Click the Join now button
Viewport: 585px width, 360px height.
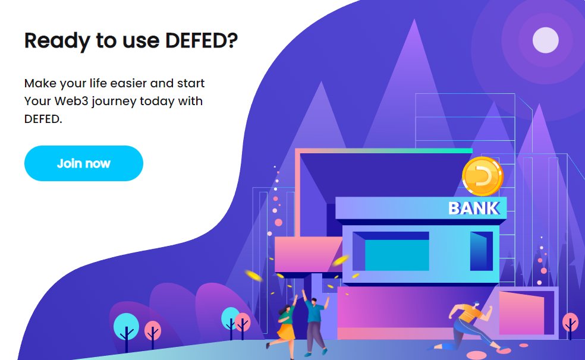[83, 163]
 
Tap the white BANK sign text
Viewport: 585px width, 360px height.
[473, 209]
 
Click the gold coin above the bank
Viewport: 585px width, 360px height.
[482, 176]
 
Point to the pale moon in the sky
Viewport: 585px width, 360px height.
[545, 40]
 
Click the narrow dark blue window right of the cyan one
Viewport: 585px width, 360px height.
[480, 251]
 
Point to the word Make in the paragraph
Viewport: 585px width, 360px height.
[39, 83]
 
